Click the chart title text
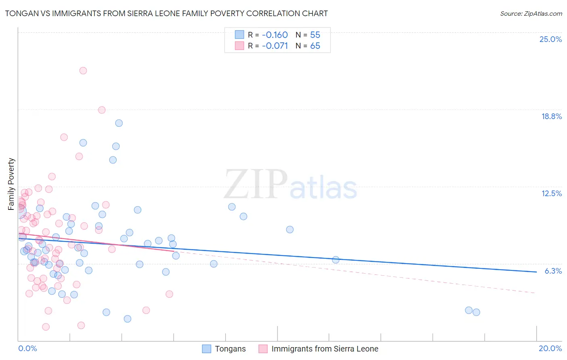[166, 13]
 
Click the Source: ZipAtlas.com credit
[531, 13]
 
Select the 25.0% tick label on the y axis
[550, 39]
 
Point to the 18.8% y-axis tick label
[551, 116]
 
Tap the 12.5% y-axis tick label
[551, 193]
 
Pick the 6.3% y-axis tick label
[553, 271]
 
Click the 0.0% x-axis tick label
[27, 348]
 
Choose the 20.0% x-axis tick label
[550, 348]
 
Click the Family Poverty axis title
[11, 184]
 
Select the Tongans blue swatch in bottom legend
[206, 349]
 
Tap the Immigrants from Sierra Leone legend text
[325, 349]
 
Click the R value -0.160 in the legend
[275, 35]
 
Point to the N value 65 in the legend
[315, 46]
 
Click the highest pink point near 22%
[83, 71]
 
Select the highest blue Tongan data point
[119, 123]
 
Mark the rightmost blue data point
[476, 312]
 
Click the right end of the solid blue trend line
[536, 272]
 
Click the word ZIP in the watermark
[255, 185]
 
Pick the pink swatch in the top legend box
[240, 46]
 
